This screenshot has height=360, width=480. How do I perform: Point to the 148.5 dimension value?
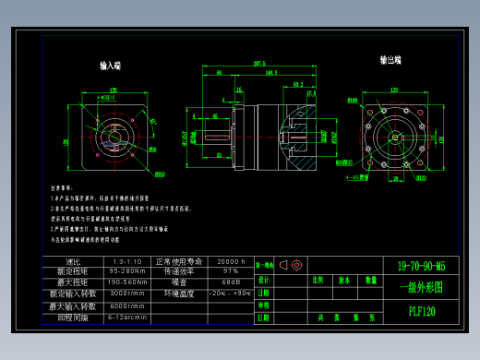(270, 71)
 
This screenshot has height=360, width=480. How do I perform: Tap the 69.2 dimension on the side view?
(297, 84)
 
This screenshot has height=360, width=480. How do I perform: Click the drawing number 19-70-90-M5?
(426, 266)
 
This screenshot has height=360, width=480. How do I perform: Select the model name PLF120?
(422, 312)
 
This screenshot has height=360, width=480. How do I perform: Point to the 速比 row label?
(73, 261)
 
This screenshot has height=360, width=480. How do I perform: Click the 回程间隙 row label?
(73, 316)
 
